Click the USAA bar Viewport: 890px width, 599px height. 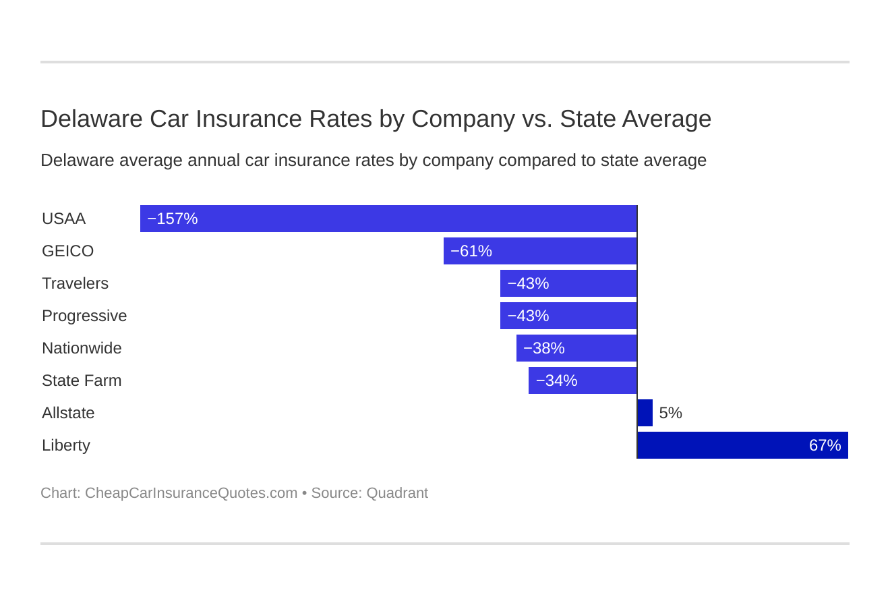pyautogui.click(x=388, y=219)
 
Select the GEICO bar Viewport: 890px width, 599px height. pyautogui.click(x=540, y=251)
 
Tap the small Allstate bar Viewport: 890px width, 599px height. pyautogui.click(x=645, y=413)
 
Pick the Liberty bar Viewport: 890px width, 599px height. pyautogui.click(x=742, y=445)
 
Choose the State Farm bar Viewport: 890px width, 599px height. pyautogui.click(x=583, y=380)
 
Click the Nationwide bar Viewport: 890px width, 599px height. pyautogui.click(x=576, y=348)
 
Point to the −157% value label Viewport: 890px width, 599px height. pyautogui.click(x=172, y=219)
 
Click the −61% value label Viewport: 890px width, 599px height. pyautogui.click(x=471, y=251)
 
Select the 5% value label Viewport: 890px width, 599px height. pyautogui.click(x=670, y=413)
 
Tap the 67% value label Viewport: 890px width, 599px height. pyautogui.click(x=825, y=445)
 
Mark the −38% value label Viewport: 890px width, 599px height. pyautogui.click(x=543, y=348)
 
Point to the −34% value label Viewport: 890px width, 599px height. pyautogui.click(x=556, y=380)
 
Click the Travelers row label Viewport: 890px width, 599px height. pyautogui.click(x=75, y=283)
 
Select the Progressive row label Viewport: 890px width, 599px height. pyautogui.click(x=84, y=316)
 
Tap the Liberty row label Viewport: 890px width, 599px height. pyautogui.click(x=65, y=445)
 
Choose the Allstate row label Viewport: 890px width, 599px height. pyautogui.click(x=68, y=413)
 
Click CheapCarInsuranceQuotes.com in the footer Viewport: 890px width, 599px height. pyautogui.click(x=191, y=493)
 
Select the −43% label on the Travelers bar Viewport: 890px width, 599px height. pyautogui.click(x=528, y=283)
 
